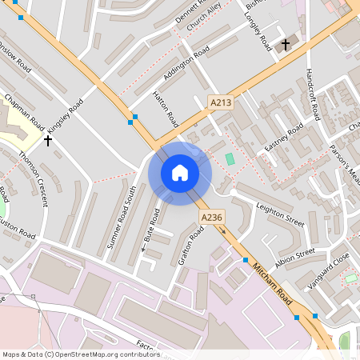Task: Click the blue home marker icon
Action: tap(180, 173)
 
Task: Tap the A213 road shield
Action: tap(222, 102)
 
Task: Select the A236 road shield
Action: tap(211, 218)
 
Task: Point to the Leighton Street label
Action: tap(280, 214)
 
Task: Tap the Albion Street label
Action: tap(295, 256)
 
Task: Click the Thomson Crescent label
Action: tap(34, 178)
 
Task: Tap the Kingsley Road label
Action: tap(65, 117)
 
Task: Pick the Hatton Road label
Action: tap(166, 109)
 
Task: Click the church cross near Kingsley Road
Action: tap(48, 141)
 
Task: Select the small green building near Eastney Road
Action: tap(230, 159)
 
